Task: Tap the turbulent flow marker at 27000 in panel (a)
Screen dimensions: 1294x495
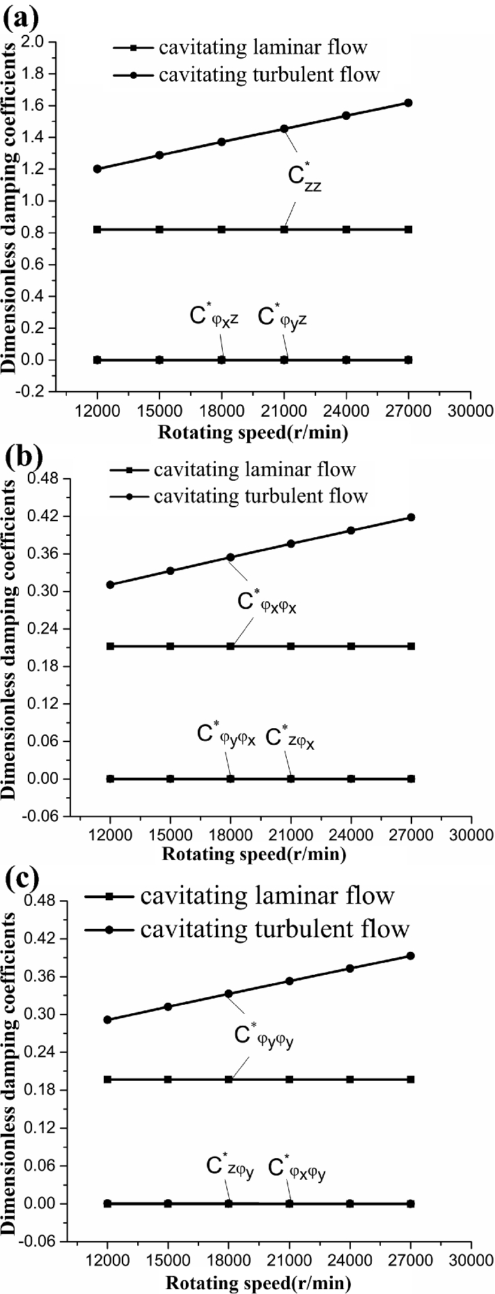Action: pos(409,103)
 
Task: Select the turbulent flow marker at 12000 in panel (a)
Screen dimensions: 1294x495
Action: pos(97,169)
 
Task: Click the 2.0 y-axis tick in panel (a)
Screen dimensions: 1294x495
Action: pos(36,43)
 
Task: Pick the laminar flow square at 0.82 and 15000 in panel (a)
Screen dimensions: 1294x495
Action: pos(159,229)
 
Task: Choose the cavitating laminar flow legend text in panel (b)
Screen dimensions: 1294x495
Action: pos(255,470)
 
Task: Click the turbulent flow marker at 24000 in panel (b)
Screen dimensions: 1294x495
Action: pos(351,530)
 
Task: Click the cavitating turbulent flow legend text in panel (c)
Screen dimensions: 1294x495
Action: pos(275,929)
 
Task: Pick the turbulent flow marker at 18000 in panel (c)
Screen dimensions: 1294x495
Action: pos(228,994)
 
